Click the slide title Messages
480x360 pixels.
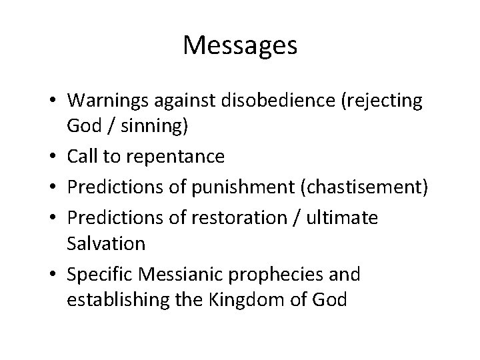pyautogui.click(x=240, y=46)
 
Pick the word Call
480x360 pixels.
pyautogui.click(x=82, y=157)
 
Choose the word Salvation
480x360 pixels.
pyautogui.click(x=106, y=243)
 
